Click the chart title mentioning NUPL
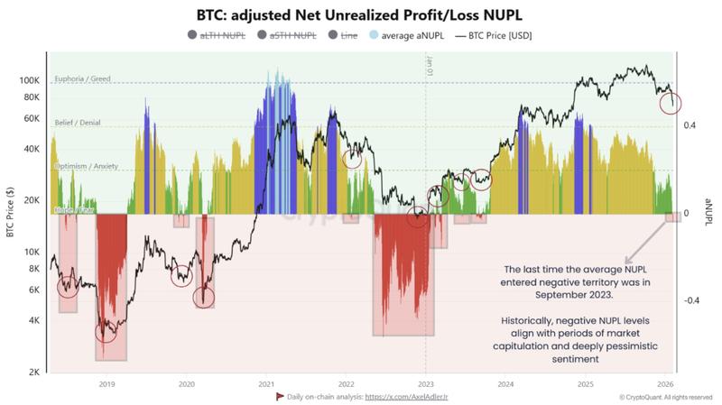tap(361, 14)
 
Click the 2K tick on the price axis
tap(32, 372)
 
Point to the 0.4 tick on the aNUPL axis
tap(690, 125)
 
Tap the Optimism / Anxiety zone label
tap(88, 166)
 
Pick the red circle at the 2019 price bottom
tap(106, 332)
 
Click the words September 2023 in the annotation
tap(576, 295)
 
